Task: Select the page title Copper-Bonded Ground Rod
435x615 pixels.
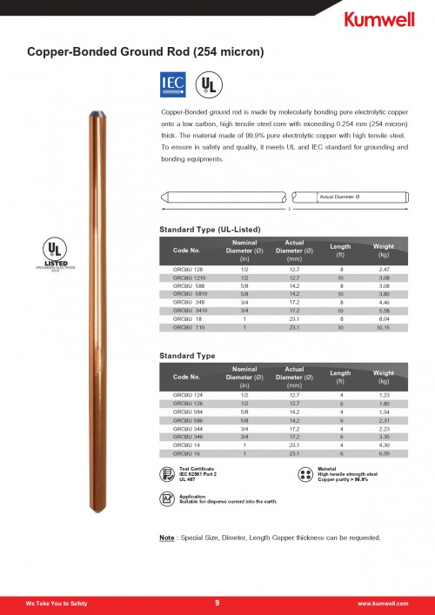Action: pyautogui.click(x=145, y=52)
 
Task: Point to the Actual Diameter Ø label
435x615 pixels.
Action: pyautogui.click(x=340, y=197)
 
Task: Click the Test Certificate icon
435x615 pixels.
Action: pyautogui.click(x=167, y=474)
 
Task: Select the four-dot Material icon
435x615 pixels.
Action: pyautogui.click(x=305, y=475)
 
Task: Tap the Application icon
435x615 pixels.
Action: pyautogui.click(x=167, y=498)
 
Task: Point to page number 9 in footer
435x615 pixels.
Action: pyautogui.click(x=217, y=602)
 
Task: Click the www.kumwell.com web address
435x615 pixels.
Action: pyautogui.click(x=384, y=603)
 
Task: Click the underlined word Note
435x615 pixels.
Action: pyautogui.click(x=168, y=537)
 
